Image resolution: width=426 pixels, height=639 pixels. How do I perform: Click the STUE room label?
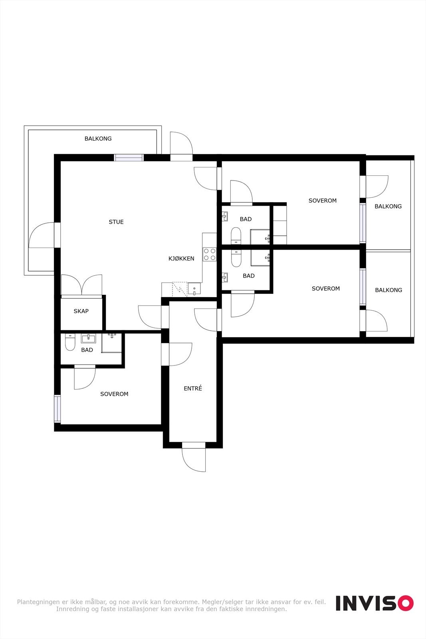pos(116,222)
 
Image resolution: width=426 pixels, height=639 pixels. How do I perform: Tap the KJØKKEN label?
pos(181,259)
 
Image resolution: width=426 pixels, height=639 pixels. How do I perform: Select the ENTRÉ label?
pos(193,389)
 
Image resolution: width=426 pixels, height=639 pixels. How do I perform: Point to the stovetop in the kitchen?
pos(210,254)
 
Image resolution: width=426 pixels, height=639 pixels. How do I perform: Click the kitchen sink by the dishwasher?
pos(194,288)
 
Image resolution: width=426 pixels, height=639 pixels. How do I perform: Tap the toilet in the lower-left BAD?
pos(70,342)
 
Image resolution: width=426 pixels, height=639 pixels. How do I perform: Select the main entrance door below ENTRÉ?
pos(194,457)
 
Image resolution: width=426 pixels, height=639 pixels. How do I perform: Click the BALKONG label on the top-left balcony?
pos(98,139)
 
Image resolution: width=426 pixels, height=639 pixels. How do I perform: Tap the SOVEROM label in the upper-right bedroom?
pos(323,201)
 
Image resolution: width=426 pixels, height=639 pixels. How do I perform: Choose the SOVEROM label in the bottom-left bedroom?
pos(114,394)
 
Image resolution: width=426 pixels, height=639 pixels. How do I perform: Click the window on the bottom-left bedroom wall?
pos(57,409)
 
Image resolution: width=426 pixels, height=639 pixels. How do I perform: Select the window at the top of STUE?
pos(129,157)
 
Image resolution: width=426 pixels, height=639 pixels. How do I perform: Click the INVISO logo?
pos(374,603)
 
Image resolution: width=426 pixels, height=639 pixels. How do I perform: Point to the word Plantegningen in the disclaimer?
pos(38,602)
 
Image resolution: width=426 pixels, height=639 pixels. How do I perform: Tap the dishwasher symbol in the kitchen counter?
pos(179,288)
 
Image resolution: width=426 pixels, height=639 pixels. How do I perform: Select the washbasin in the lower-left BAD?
pos(88,339)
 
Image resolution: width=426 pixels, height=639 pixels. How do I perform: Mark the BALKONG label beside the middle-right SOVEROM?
pos(388,290)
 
